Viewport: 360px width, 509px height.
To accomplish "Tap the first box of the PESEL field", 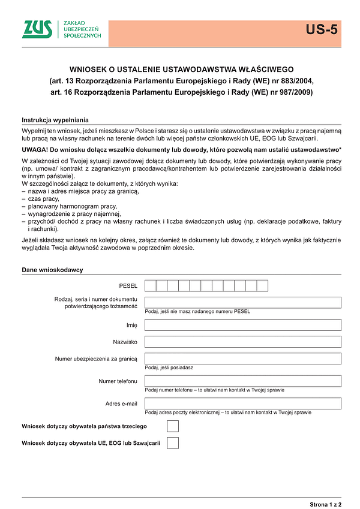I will pos(150,285).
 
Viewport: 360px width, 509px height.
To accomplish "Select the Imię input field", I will pos(243,325).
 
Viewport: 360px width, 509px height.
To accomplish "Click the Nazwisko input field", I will pos(243,342).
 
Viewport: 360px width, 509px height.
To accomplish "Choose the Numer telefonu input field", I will pos(243,381).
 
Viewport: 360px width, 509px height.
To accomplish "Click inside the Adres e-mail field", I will pos(243,403).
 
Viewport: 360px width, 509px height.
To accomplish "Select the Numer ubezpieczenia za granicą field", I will pos(243,359).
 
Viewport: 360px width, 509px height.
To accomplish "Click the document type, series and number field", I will pos(243,302).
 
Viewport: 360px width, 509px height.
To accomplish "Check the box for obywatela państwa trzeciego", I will pos(173,426).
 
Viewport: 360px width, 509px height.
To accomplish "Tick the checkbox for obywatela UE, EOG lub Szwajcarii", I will pos(173,443).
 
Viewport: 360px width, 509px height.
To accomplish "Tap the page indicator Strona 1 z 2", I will pos(325,503).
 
